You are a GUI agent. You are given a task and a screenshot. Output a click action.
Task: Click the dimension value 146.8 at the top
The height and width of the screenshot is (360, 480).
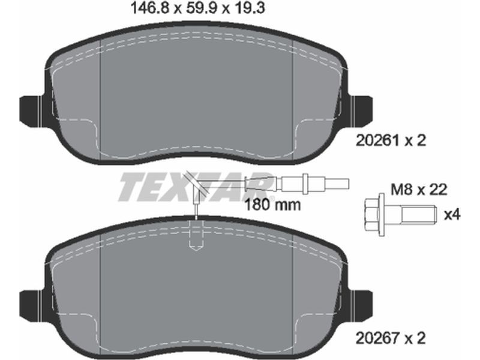coord(149,8)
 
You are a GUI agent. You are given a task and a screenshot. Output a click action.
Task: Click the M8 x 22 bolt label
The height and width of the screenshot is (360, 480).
coord(419,190)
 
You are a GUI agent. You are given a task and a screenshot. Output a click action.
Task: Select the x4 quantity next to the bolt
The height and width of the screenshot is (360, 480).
coord(452,215)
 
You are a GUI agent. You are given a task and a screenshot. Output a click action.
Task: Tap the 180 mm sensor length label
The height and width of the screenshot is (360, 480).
coord(272,205)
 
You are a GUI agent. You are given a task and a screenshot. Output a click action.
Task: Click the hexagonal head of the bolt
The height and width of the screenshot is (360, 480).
coord(372,214)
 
